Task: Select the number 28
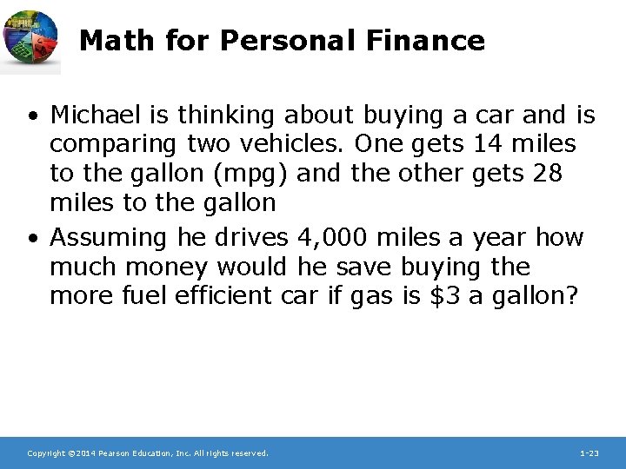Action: pyautogui.click(x=546, y=173)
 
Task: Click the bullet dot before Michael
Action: pyautogui.click(x=31, y=115)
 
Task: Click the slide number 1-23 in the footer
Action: pyautogui.click(x=589, y=453)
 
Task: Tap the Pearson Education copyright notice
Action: pyautogui.click(x=148, y=453)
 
